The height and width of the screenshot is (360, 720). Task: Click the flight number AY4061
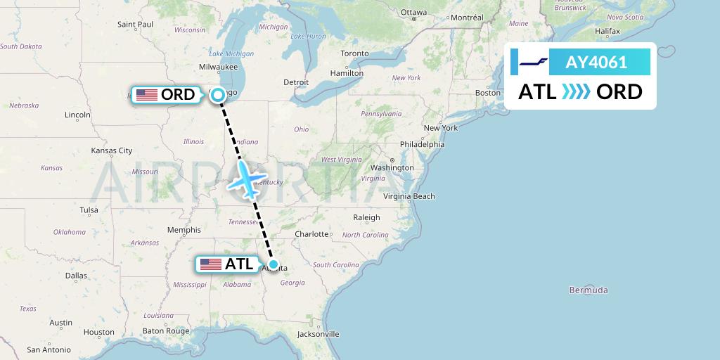(x=596, y=62)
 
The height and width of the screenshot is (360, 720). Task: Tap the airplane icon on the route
(x=245, y=179)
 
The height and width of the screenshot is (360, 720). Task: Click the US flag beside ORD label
(x=146, y=95)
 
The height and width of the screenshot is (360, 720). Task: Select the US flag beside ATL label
(x=210, y=264)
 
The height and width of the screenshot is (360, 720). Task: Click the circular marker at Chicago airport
(x=218, y=95)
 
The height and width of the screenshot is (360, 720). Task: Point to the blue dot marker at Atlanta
(x=274, y=265)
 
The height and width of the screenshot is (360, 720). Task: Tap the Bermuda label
(x=589, y=290)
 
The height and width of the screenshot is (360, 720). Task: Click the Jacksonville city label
(x=318, y=334)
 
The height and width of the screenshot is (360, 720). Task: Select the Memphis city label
(x=184, y=230)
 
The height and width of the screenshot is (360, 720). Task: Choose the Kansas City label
(x=112, y=150)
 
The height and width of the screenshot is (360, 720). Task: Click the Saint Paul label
(x=135, y=25)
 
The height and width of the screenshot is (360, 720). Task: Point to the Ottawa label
(x=413, y=13)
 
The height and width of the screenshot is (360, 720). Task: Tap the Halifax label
(x=607, y=32)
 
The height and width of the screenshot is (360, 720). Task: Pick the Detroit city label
(x=296, y=82)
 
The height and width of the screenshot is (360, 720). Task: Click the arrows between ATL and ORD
(x=577, y=91)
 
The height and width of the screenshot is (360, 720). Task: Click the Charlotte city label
(x=312, y=234)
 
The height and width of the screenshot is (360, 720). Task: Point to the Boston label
(x=488, y=93)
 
